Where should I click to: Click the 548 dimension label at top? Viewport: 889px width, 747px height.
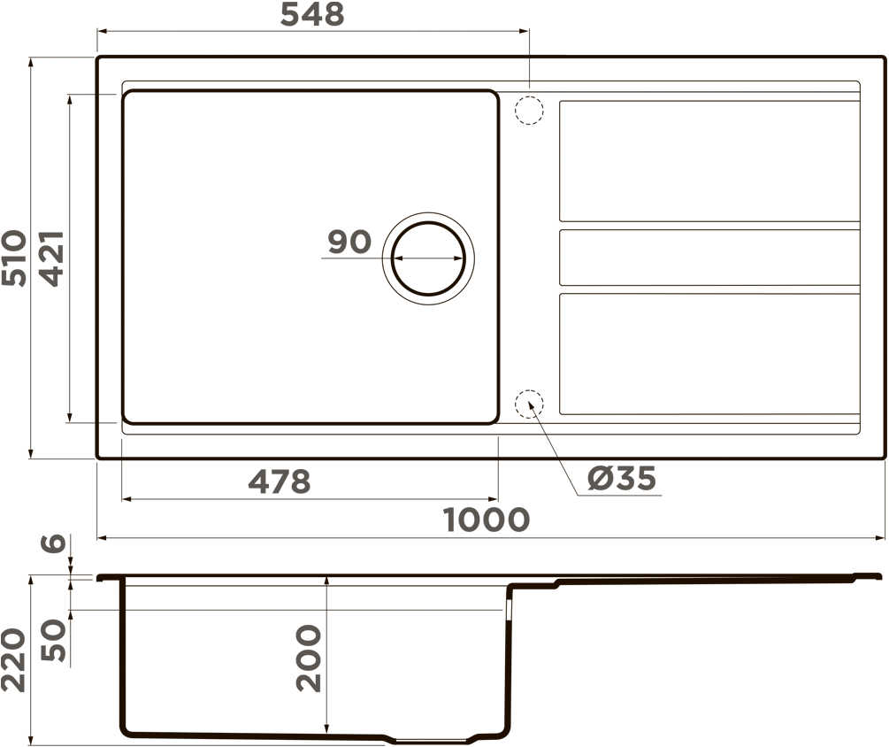pos(312,14)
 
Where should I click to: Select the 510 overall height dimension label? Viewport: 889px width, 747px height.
pos(14,258)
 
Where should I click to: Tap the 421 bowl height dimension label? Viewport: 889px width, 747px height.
pos(51,258)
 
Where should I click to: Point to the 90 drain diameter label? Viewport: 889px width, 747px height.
pos(349,242)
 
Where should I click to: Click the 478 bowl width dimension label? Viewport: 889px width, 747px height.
pos(280,481)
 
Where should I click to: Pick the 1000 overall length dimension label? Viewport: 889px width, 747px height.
pos(487,520)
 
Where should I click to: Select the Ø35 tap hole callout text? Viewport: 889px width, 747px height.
pos(622,478)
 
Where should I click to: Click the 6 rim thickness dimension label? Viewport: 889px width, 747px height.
pos(54,543)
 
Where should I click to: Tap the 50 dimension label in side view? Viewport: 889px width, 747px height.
pos(54,641)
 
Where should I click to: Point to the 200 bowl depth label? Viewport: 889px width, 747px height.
pos(309,658)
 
